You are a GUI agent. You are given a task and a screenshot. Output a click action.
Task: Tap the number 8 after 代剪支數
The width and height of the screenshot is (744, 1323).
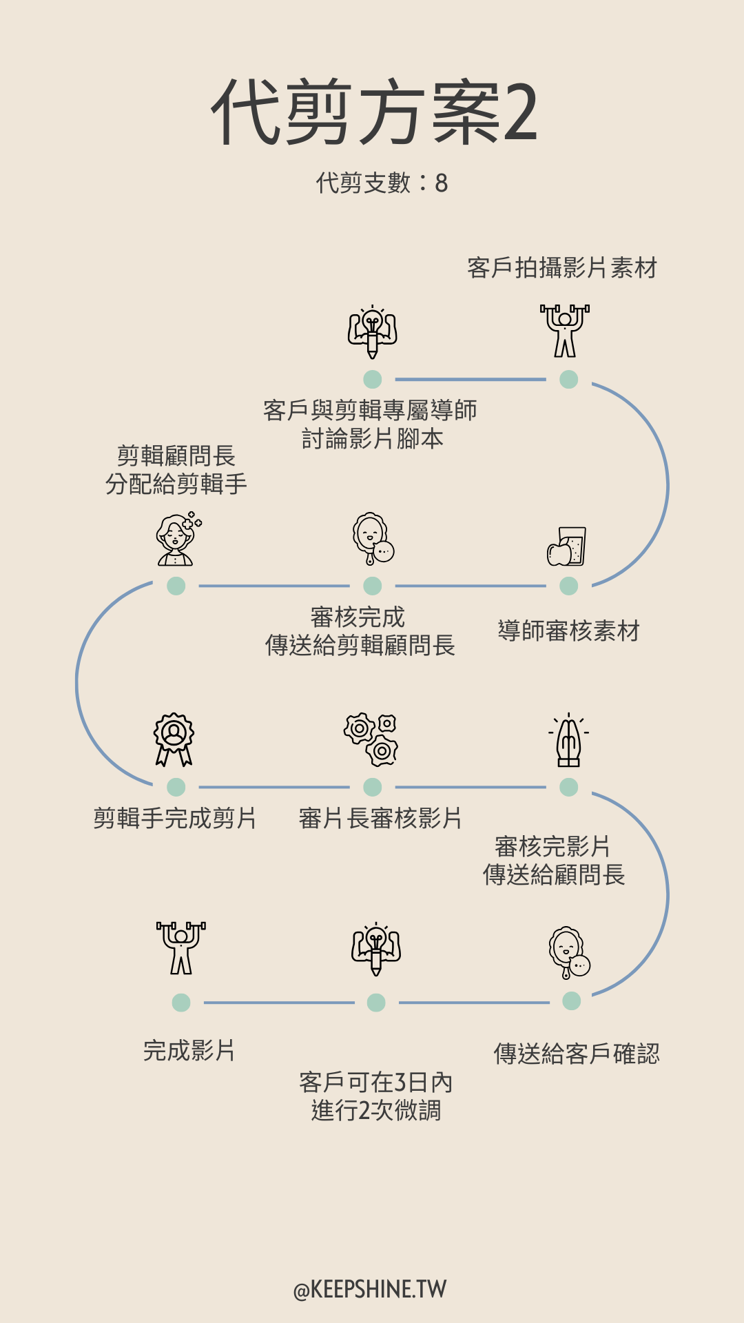[x=441, y=183]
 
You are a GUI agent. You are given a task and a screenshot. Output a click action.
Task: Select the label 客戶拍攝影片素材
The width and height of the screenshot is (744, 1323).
[x=562, y=267]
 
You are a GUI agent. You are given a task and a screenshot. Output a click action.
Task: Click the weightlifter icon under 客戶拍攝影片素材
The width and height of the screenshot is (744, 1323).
[x=565, y=331]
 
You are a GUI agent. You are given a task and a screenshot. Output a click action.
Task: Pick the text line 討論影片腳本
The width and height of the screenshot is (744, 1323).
[x=372, y=438]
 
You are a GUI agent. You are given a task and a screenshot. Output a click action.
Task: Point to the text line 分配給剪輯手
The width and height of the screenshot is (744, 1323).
[x=176, y=484]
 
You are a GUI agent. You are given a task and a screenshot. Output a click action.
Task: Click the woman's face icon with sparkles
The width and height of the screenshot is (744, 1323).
[x=178, y=539]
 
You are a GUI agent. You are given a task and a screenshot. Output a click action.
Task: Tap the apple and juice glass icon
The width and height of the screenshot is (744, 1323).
[x=566, y=546]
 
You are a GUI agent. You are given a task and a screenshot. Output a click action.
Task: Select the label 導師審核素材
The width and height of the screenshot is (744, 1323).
[x=569, y=630]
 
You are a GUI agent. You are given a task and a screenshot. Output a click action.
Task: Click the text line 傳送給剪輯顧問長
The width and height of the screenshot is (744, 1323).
[x=360, y=645]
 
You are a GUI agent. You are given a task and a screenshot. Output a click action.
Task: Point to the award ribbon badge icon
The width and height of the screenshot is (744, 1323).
[x=174, y=739]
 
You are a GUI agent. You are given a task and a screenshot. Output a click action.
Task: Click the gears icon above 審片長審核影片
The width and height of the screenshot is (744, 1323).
[x=371, y=740]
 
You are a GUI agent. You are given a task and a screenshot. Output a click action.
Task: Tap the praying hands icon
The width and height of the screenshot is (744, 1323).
[x=569, y=740]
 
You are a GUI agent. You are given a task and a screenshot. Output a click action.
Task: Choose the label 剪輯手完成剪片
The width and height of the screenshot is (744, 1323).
[x=175, y=818]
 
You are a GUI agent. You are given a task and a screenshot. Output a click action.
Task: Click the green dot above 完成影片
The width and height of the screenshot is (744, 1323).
[x=181, y=1003]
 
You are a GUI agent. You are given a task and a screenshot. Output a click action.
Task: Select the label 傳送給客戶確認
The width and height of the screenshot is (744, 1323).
[x=577, y=1054]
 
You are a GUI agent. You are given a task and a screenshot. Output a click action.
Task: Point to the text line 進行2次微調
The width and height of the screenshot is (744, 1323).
[x=376, y=1111]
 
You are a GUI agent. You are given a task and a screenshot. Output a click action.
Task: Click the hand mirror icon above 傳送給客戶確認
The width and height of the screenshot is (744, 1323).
[x=570, y=953]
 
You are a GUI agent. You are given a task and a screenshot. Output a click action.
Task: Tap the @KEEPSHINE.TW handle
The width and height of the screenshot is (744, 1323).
[x=370, y=1289]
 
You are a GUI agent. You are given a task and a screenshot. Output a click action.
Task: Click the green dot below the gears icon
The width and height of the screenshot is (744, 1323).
[x=373, y=787]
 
